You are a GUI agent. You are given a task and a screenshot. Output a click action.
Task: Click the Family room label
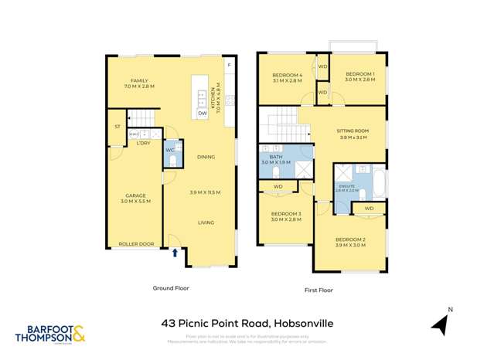pos(139,80)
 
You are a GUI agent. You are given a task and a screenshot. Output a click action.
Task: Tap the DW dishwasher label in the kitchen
pos(203,114)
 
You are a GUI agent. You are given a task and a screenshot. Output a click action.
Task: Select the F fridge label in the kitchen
pos(229,65)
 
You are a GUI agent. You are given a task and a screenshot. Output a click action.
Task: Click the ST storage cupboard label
pos(118,127)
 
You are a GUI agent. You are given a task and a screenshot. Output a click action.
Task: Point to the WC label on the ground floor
pos(170,150)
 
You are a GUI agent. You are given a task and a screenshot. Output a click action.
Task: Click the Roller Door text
pos(136,245)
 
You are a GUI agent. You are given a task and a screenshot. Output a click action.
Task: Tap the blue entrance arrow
pos(175,252)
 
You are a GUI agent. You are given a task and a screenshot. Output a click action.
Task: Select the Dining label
pos(206,157)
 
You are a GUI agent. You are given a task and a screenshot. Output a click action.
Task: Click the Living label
pos(206,223)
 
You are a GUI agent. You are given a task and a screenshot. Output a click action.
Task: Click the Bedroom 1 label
pos(359,75)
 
